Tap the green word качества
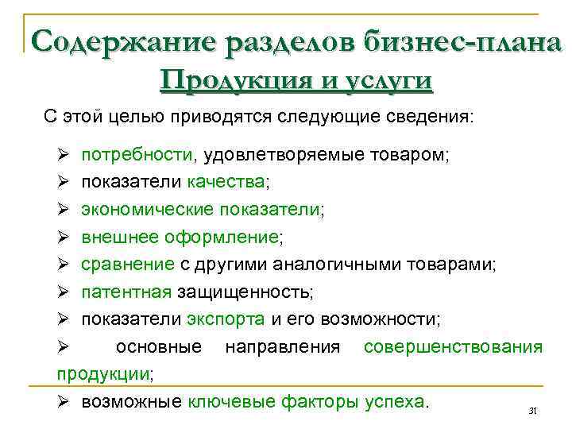point(226,182)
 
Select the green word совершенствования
point(453,347)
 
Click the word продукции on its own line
point(103,373)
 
